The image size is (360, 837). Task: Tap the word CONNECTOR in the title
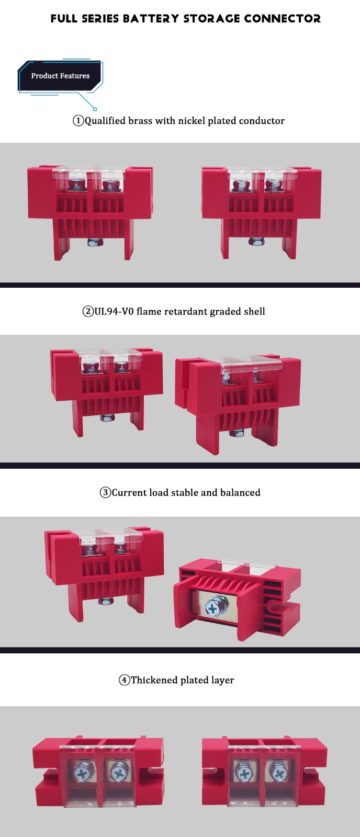[x=282, y=18]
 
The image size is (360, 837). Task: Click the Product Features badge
[x=60, y=76]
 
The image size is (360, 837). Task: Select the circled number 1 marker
[x=78, y=121]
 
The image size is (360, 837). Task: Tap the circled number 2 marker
[x=88, y=311]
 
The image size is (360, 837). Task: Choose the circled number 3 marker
[x=105, y=492]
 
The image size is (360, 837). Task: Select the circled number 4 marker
[x=125, y=680]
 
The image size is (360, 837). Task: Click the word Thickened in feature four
[x=154, y=680]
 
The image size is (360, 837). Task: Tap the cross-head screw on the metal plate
[x=213, y=609]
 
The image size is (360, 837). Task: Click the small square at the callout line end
[x=95, y=109]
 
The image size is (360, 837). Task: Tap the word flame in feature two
[x=149, y=311]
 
